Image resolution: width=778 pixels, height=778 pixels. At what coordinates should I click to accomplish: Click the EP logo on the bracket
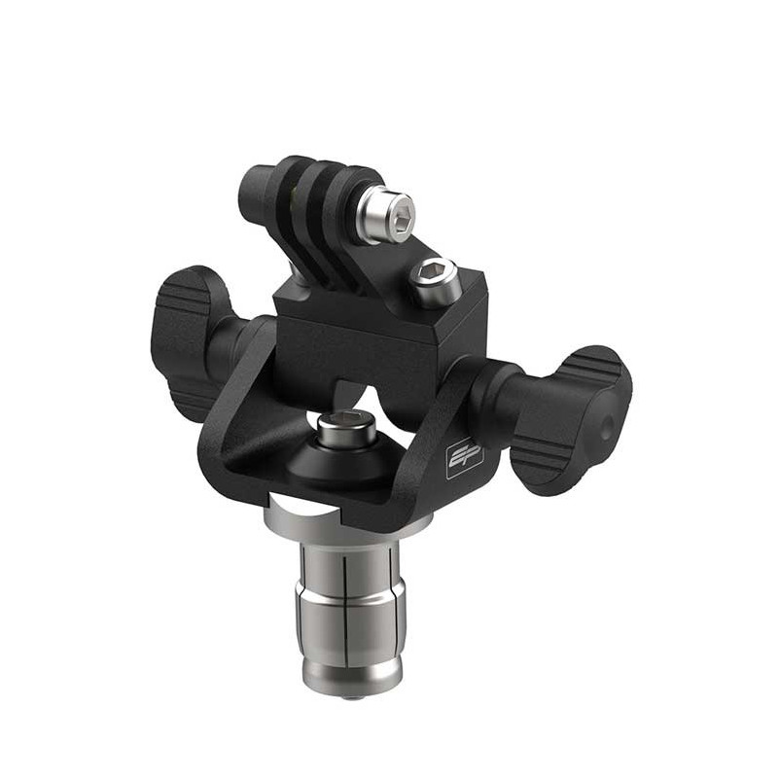click(x=464, y=458)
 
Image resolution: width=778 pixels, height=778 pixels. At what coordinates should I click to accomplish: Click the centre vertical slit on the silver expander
click(x=347, y=603)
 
